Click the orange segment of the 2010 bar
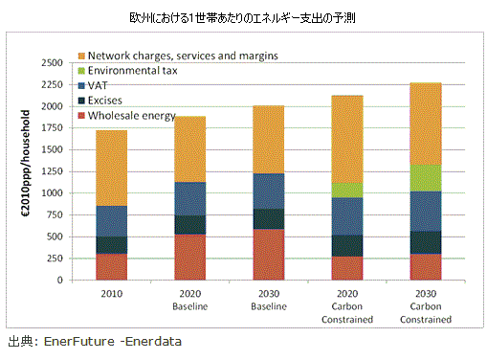click(x=112, y=169)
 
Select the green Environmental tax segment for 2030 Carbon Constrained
click(x=426, y=178)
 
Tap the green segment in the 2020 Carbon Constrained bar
click(x=347, y=191)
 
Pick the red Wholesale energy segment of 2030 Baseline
click(x=269, y=255)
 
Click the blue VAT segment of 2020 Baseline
click(x=190, y=199)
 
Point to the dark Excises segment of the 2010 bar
click(x=112, y=245)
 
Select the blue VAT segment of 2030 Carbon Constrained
click(x=426, y=212)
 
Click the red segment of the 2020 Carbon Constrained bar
click(x=347, y=268)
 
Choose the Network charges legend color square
click(x=81, y=56)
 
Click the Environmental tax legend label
click(x=132, y=71)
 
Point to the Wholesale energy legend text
click(x=132, y=116)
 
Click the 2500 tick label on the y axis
click(x=52, y=63)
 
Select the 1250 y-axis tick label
click(x=52, y=171)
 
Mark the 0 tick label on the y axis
click(x=60, y=281)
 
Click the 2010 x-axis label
click(x=112, y=294)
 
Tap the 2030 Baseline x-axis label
click(x=269, y=300)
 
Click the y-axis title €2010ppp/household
click(x=26, y=164)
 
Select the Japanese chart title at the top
click(x=242, y=18)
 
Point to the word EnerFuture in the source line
click(x=79, y=342)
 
